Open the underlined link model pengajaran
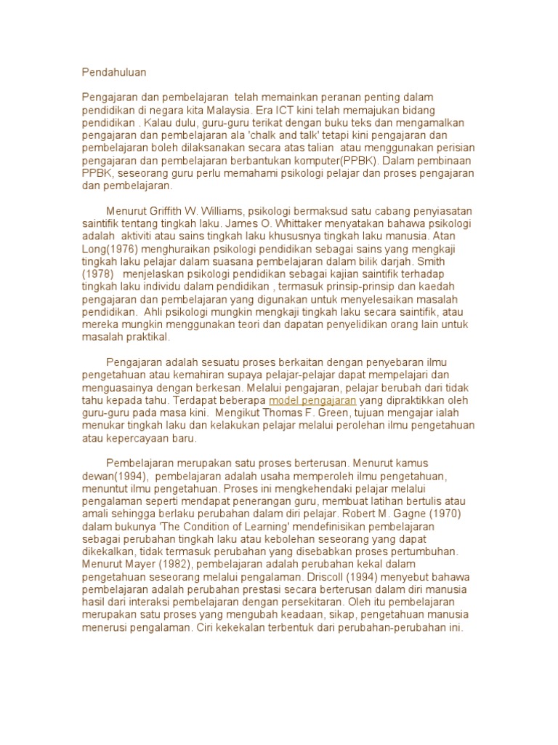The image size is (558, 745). tap(312, 401)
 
